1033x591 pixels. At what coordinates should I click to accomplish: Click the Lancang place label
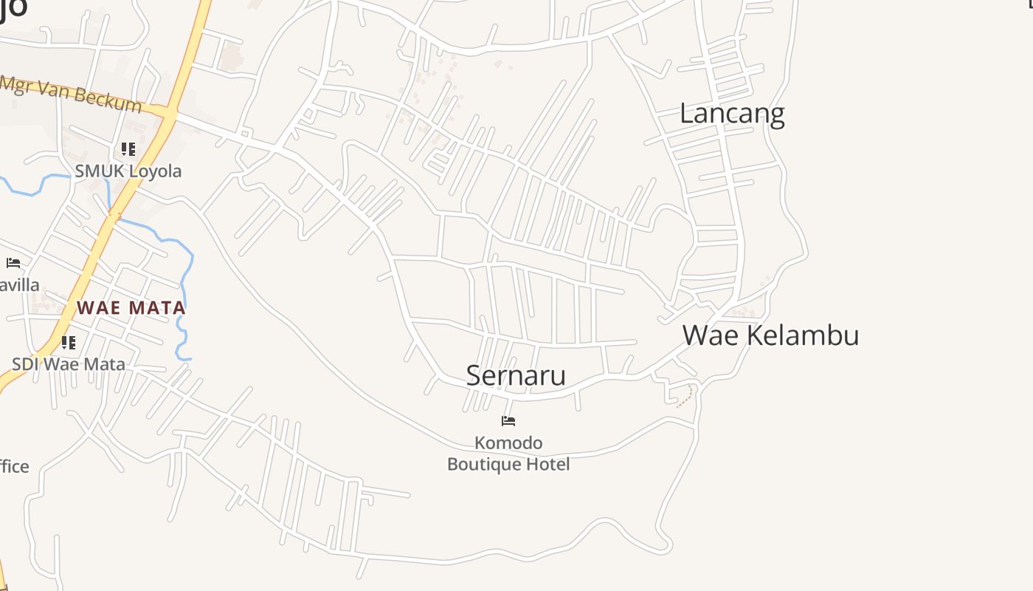[731, 114]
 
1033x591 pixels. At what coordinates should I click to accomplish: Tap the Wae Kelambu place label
[770, 335]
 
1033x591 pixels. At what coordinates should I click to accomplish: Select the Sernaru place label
[516, 375]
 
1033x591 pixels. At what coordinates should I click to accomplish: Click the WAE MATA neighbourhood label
[132, 307]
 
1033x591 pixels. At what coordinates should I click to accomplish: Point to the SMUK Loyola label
[128, 171]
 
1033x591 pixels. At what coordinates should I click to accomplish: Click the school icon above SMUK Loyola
[128, 149]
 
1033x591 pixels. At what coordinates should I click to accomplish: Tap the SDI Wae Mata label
[69, 364]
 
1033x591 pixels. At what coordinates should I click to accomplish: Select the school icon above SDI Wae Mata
[69, 342]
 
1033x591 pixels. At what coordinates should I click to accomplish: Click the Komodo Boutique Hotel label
[508, 454]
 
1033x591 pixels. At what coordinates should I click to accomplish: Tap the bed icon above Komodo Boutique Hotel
[508, 421]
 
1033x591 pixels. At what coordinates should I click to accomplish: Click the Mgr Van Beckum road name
[71, 93]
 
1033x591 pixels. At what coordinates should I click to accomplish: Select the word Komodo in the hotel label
[508, 443]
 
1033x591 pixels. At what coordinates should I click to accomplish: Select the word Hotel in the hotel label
[550, 465]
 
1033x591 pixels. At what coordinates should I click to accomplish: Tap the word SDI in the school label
[25, 364]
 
